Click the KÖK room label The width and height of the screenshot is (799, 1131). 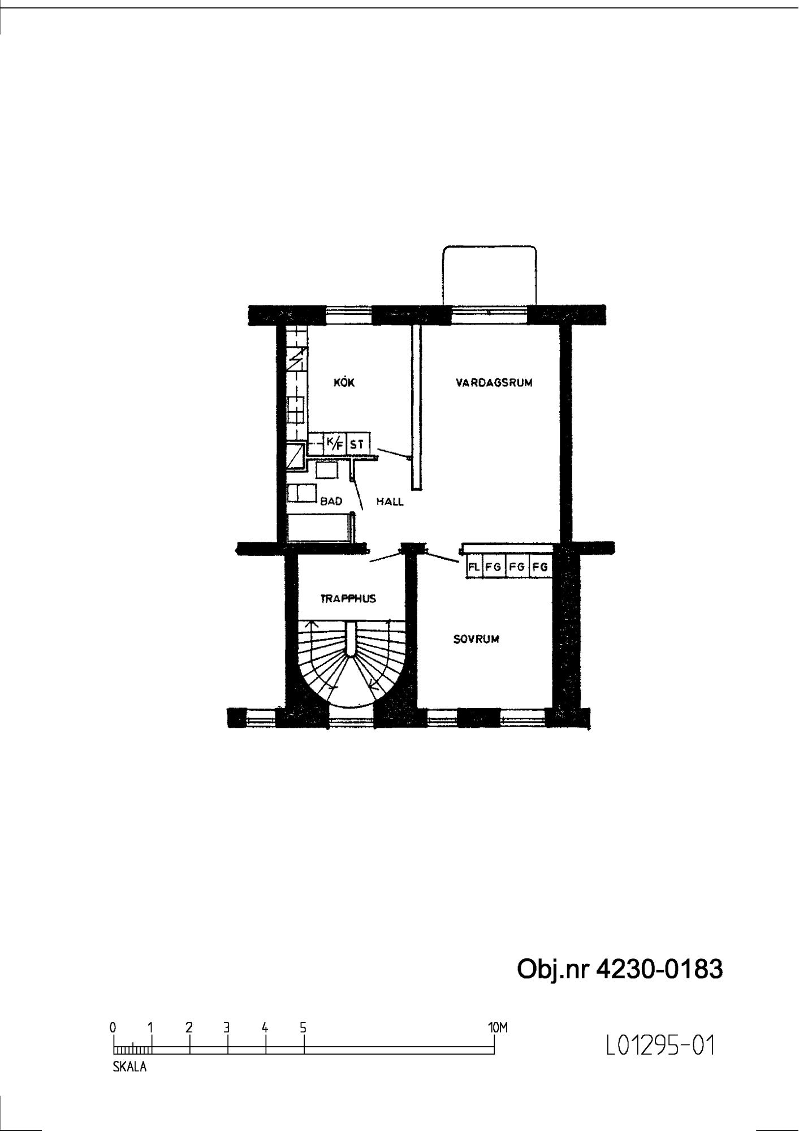[x=344, y=382]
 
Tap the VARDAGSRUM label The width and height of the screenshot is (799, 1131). [x=494, y=383]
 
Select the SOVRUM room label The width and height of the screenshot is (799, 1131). [x=476, y=640]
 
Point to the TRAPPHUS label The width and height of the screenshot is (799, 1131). [x=348, y=598]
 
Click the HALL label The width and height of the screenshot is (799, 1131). [x=390, y=502]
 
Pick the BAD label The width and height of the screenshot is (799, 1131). [x=331, y=501]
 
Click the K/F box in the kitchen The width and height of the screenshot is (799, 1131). [x=334, y=443]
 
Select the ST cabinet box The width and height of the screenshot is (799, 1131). [x=356, y=444]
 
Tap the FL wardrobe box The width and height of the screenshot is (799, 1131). [x=474, y=566]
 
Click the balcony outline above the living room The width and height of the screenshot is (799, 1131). [x=489, y=247]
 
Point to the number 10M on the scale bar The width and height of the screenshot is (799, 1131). [x=498, y=1028]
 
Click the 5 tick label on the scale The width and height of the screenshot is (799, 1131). [x=303, y=1027]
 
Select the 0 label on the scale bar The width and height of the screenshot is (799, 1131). [x=113, y=1027]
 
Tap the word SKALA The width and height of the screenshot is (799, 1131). [x=129, y=1068]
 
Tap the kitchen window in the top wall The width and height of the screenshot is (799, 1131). [x=349, y=314]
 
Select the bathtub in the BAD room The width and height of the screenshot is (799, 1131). [x=319, y=528]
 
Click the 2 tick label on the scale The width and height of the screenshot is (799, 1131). [x=189, y=1027]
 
